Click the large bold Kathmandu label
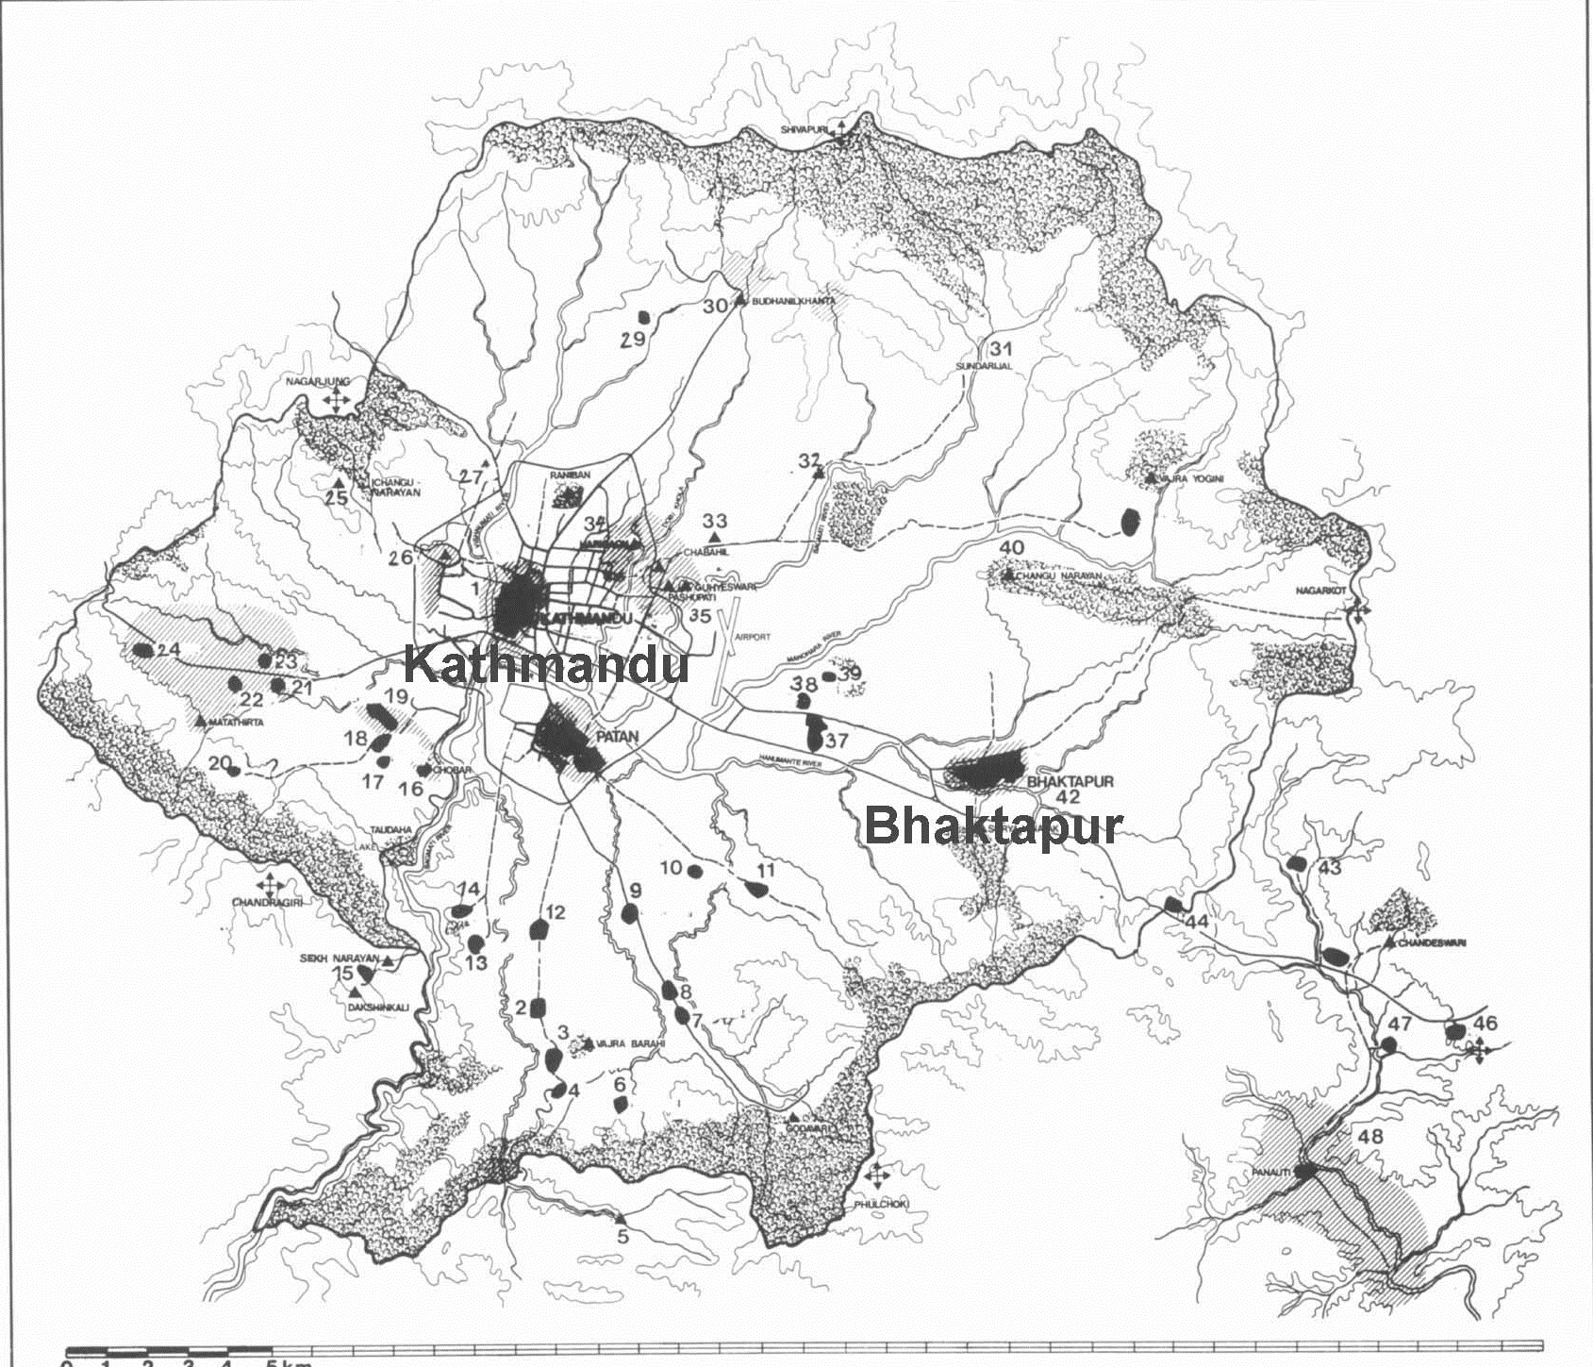click(x=545, y=666)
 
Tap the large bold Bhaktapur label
click(x=993, y=826)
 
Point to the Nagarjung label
click(x=320, y=381)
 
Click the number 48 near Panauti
click(x=1369, y=1137)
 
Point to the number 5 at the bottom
click(x=622, y=1238)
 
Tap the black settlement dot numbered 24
click(x=143, y=650)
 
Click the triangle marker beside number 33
click(x=715, y=537)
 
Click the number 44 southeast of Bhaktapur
click(x=1197, y=922)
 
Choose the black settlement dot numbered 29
click(x=645, y=317)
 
